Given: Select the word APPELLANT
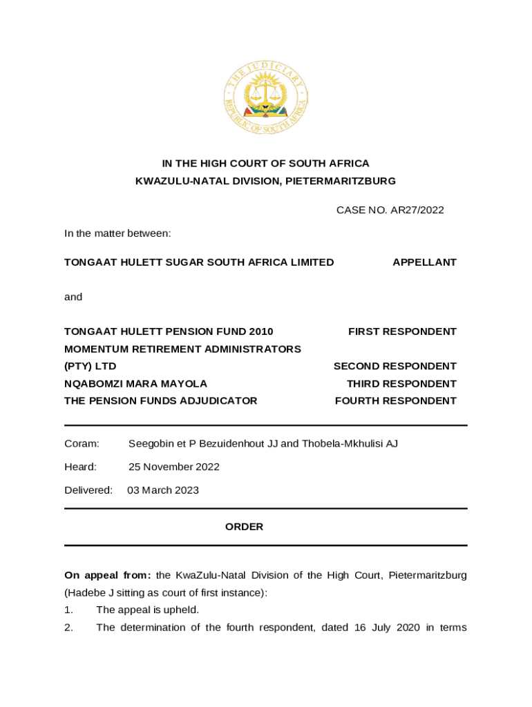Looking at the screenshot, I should [424, 262].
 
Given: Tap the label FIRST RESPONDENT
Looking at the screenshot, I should [402, 331].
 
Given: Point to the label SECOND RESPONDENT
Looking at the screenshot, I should [395, 366].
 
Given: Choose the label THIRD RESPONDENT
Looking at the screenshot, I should [401, 383].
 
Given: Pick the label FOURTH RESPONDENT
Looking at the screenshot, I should [395, 400].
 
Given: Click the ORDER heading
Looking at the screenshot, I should [244, 527].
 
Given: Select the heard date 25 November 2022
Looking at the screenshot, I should [174, 467].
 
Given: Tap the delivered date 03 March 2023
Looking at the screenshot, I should [163, 490].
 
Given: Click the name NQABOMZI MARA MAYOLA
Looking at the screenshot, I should [135, 383].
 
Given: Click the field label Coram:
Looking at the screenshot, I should [82, 443].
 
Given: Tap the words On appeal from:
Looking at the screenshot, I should [107, 575].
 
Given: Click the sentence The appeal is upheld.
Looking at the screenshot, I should [147, 610].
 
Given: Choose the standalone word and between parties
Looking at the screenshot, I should [73, 297].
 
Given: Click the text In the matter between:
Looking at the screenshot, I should [117, 233].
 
